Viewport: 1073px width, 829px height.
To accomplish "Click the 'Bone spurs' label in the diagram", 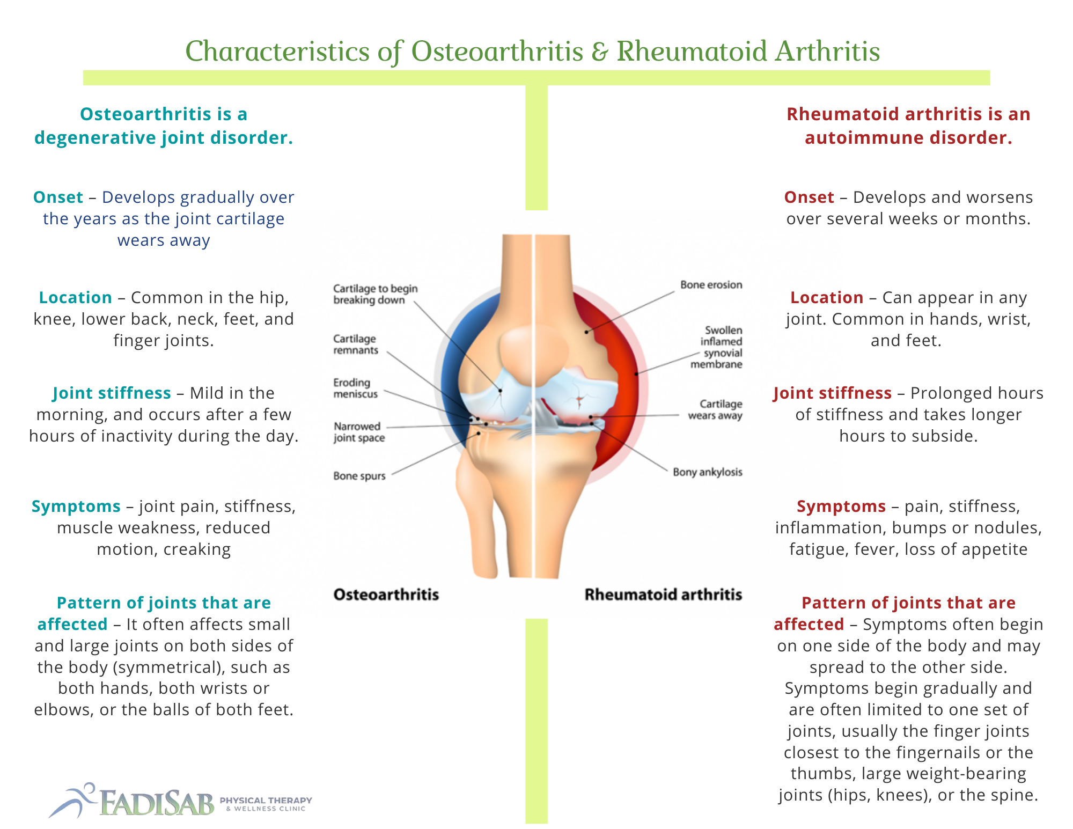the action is tap(359, 476).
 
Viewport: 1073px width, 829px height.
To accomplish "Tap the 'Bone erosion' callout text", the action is tap(711, 285).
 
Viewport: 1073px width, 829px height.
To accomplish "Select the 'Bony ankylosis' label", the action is tap(708, 472).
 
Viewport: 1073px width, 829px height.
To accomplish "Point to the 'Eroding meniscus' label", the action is tap(356, 388).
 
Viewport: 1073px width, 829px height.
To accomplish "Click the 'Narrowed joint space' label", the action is tap(359, 432).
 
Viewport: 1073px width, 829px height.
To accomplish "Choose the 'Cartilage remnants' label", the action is tap(356, 344).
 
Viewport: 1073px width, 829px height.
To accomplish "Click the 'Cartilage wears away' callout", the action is tap(715, 409).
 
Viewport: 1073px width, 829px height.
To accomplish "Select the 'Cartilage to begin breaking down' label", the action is tap(376, 294).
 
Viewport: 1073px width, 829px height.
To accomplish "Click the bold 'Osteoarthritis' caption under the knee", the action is tap(386, 595).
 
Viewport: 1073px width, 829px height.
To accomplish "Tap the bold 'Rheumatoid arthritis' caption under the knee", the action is tap(663, 595).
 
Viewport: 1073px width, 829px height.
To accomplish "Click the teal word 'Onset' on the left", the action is tap(58, 197).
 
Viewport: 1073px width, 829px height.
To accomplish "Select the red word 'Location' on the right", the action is tap(827, 298).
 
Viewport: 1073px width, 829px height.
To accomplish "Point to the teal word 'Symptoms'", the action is tap(76, 507).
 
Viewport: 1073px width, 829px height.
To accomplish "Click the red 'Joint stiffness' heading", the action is tap(833, 393).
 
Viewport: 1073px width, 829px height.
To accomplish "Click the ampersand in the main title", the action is tap(599, 52).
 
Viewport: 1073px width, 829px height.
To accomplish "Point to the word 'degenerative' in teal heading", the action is tap(95, 138).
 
